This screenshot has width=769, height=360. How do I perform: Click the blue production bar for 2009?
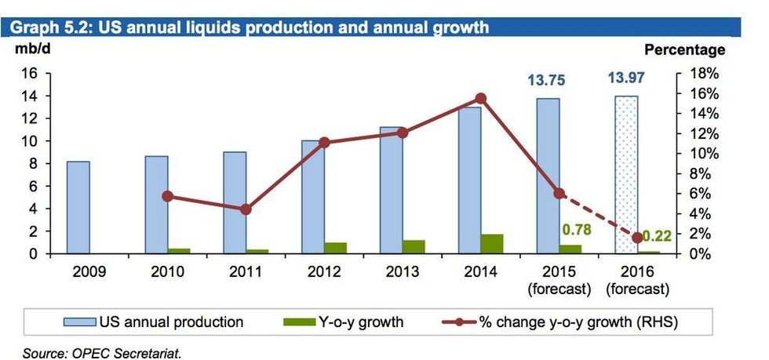tap(78, 208)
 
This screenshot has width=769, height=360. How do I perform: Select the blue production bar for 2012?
tap(313, 197)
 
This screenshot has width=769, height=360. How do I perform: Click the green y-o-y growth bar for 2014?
tap(492, 244)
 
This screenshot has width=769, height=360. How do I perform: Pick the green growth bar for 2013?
tap(414, 247)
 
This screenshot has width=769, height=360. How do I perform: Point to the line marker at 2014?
tap(481, 98)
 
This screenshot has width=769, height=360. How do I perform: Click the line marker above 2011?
tap(246, 209)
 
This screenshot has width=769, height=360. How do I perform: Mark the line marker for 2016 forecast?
tap(637, 237)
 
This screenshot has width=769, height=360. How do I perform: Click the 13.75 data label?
tap(546, 81)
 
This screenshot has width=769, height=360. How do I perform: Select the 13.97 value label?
tap(626, 79)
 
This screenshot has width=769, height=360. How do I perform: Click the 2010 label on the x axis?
tap(167, 272)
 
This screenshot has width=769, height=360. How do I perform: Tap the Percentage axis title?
tap(684, 50)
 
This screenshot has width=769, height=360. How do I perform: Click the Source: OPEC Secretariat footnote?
tap(102, 354)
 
